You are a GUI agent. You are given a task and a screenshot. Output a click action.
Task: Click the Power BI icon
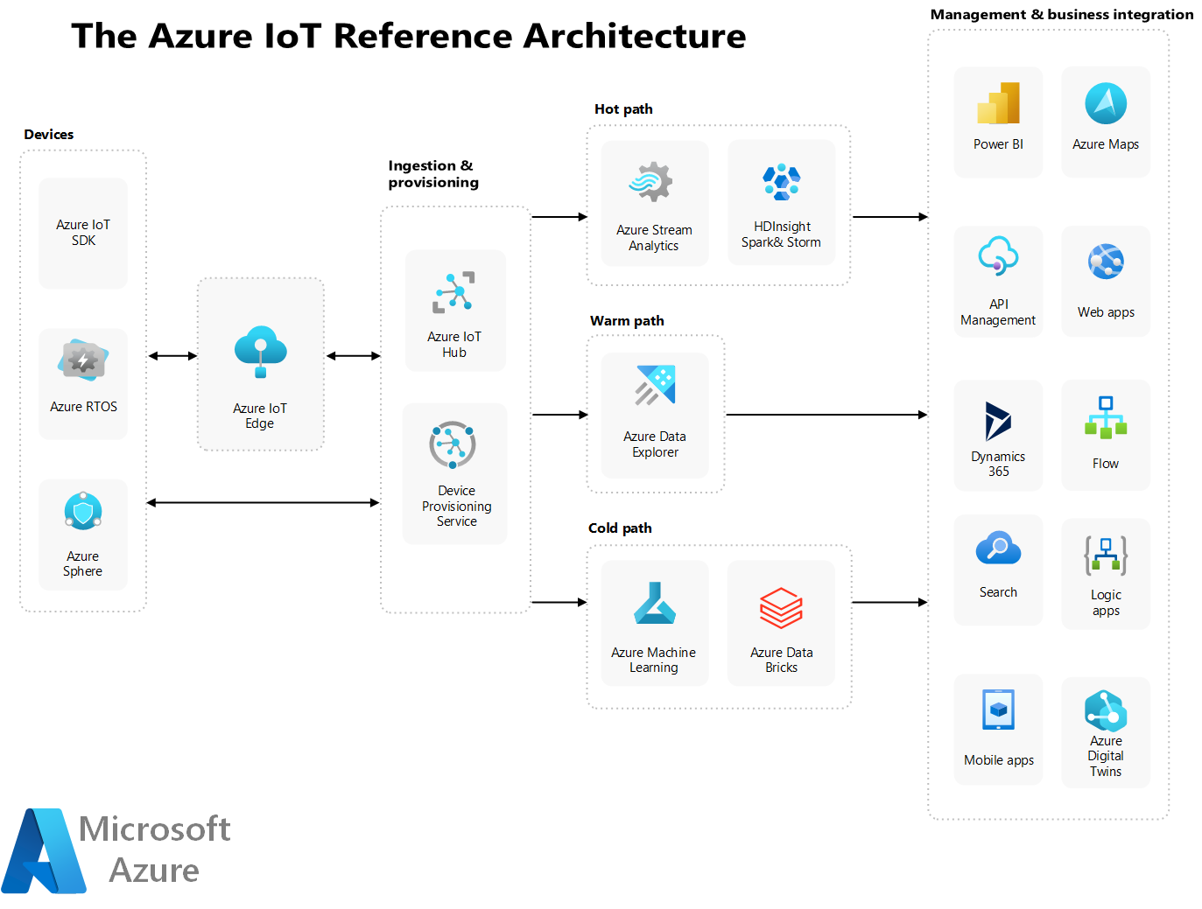(x=998, y=103)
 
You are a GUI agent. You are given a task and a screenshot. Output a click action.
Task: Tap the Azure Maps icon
(x=1105, y=103)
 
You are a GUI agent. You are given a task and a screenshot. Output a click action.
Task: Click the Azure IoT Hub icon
(x=453, y=291)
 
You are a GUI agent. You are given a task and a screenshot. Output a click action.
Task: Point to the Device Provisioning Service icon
(x=453, y=444)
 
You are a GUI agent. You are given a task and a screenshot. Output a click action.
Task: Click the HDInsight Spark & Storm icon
(x=782, y=182)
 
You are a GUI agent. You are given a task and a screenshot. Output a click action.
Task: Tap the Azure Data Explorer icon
(x=655, y=385)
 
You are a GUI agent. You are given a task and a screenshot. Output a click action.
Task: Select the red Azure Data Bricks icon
(x=781, y=608)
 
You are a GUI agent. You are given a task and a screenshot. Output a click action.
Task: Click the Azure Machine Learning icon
(x=654, y=603)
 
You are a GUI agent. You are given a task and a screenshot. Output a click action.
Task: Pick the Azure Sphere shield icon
(x=82, y=511)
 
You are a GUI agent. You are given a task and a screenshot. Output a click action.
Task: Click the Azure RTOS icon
(x=82, y=360)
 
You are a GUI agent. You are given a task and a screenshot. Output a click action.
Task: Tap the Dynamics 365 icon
(x=998, y=422)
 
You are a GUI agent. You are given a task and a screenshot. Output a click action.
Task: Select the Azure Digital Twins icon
(x=1105, y=710)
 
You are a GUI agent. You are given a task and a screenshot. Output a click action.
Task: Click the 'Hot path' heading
(x=623, y=108)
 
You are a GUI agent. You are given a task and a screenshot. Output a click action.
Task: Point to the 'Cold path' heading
(x=620, y=528)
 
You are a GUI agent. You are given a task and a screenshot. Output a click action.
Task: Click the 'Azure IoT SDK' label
(x=83, y=233)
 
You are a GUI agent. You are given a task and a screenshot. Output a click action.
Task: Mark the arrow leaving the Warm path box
(x=826, y=415)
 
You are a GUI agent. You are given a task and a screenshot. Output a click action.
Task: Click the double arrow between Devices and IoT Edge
(x=172, y=356)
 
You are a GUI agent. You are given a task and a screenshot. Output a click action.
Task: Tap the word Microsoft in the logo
(x=154, y=828)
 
